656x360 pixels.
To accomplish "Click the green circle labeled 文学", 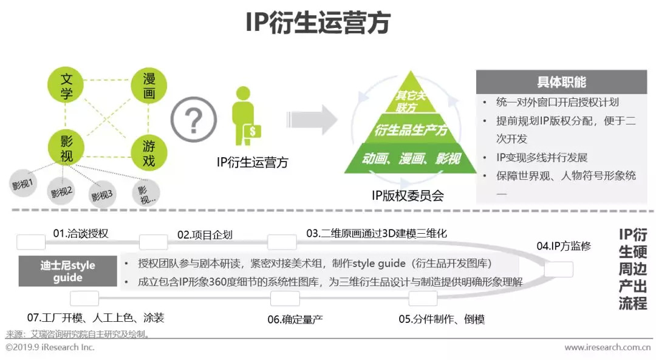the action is (66, 86).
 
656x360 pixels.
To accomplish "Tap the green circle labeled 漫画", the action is (149, 86).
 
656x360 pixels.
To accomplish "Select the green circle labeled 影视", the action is (66, 148).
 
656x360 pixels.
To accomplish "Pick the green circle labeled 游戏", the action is (149, 153).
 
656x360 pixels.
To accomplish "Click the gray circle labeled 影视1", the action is (22, 183).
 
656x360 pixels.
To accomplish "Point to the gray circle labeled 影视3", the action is (102, 195).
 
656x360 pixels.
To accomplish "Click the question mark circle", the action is (193, 120).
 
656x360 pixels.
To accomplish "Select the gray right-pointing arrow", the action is (312, 120).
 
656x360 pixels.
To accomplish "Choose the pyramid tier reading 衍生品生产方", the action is (411, 130).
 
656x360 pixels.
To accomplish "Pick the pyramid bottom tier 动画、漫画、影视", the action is (411, 158).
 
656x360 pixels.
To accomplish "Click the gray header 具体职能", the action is (561, 82).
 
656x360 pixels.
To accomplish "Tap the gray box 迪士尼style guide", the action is (68, 271).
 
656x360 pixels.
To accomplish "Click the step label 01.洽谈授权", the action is (81, 233).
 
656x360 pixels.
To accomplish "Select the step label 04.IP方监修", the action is (564, 246).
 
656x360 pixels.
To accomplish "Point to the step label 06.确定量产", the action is (295, 319).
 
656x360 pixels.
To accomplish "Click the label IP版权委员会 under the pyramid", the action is (408, 195).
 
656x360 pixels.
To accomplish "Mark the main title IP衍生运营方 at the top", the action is (318, 22).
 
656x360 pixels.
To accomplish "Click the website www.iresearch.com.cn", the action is (607, 347).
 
